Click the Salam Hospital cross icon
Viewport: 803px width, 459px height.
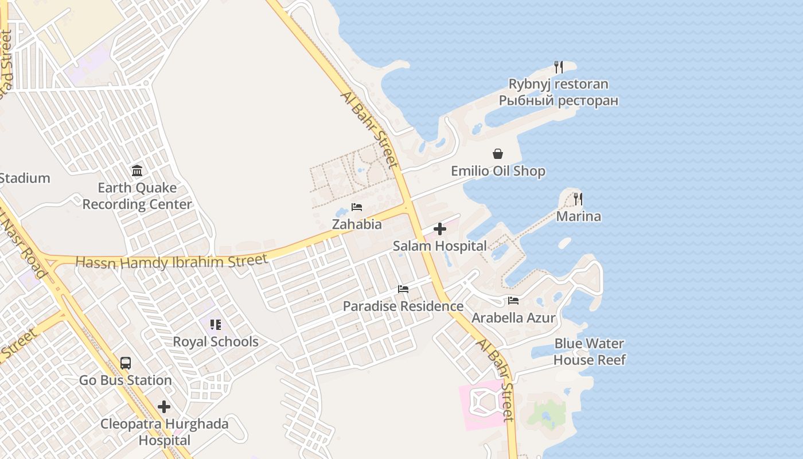tap(440, 229)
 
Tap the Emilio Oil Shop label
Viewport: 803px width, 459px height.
tap(498, 171)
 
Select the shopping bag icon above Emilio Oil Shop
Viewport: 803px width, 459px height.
tap(498, 154)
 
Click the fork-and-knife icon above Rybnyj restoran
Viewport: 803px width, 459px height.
tap(559, 67)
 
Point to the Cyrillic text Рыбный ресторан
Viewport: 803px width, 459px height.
tap(558, 101)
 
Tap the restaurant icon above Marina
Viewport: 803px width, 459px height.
tap(578, 199)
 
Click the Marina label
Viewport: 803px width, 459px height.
tap(578, 216)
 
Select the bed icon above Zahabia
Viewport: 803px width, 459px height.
tap(357, 207)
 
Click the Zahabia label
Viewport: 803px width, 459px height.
tap(357, 224)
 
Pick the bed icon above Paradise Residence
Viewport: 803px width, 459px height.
tap(403, 289)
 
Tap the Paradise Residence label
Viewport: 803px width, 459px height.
tap(403, 306)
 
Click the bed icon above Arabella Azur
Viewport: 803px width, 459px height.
tap(513, 301)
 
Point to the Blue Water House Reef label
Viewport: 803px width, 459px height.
tap(589, 352)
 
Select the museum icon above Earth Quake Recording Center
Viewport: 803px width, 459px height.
tap(137, 170)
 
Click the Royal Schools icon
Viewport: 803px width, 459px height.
tap(216, 325)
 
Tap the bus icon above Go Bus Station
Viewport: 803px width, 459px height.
tap(126, 363)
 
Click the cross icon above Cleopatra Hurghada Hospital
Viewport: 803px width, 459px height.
tap(164, 407)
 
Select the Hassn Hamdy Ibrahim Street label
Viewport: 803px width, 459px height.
tap(171, 262)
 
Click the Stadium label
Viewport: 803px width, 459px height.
tap(25, 178)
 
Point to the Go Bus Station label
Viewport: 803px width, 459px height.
tap(126, 380)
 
